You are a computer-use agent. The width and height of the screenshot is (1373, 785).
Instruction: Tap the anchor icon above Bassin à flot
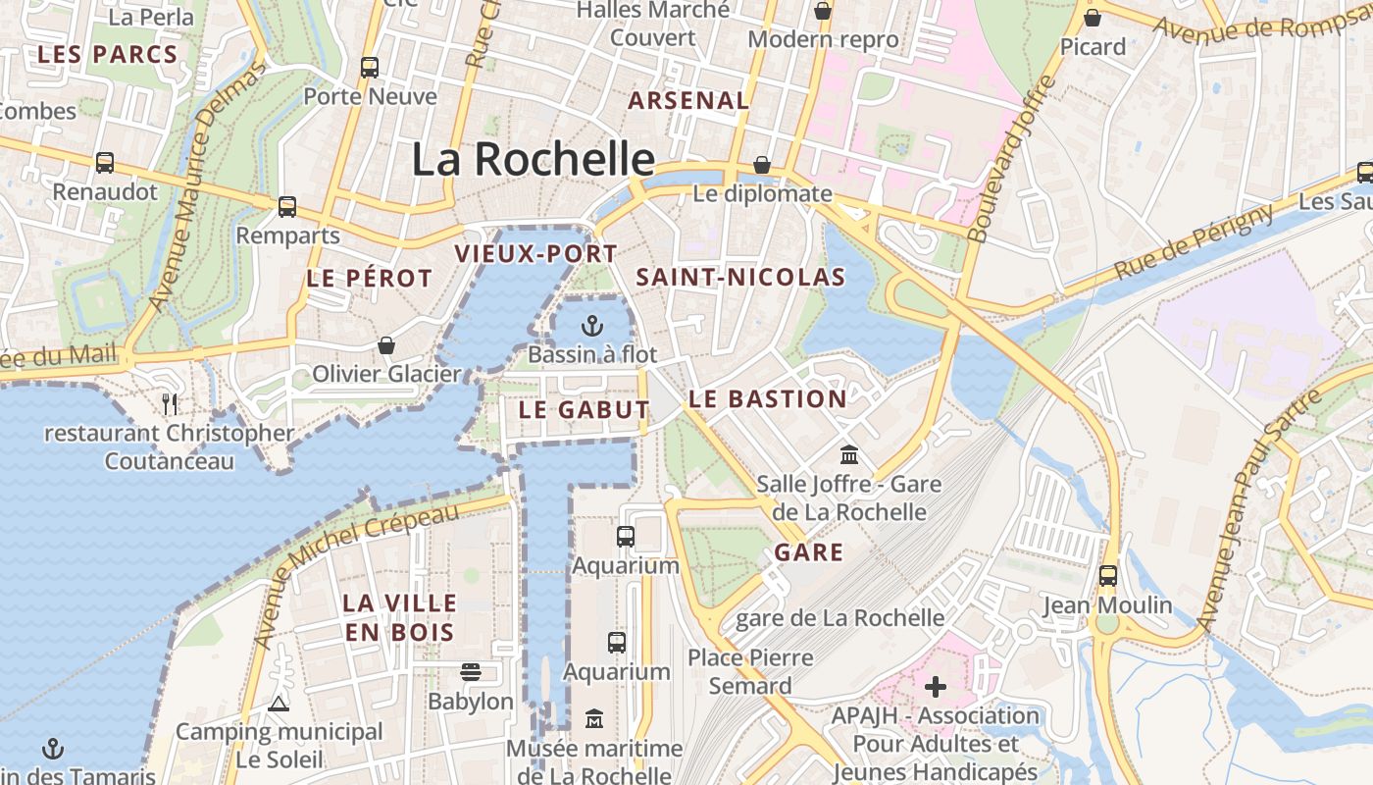[x=592, y=325]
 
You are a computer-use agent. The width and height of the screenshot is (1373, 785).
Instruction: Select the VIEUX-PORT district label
[x=535, y=254]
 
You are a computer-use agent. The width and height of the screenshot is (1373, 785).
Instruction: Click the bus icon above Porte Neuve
[x=370, y=67]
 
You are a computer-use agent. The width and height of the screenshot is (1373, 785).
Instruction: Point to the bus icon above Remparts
[x=287, y=206]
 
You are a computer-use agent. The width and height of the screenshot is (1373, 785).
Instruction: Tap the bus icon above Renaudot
[x=105, y=162]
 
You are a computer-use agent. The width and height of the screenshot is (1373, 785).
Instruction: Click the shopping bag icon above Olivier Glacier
[x=386, y=345]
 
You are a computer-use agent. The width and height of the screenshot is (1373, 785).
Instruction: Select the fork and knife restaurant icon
[x=170, y=403]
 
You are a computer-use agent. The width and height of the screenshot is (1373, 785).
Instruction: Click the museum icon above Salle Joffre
[x=849, y=455]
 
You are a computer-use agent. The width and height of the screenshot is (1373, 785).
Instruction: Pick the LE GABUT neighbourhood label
[x=584, y=410]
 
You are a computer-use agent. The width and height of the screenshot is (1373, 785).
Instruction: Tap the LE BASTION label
[x=767, y=399]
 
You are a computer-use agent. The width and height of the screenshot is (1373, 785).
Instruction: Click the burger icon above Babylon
[x=471, y=672]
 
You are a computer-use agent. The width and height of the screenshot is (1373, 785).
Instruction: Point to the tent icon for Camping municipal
[x=279, y=704]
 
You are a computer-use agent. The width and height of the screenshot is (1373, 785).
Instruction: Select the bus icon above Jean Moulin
[x=1108, y=575]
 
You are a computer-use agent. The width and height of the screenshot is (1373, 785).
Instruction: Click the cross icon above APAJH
[x=936, y=686]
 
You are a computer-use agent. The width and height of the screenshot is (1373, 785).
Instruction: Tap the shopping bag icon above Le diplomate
[x=762, y=164]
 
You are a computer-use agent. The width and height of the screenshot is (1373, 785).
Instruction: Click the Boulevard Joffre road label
[x=1012, y=159]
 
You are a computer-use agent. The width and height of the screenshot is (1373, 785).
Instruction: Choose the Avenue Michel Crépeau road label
[x=356, y=576]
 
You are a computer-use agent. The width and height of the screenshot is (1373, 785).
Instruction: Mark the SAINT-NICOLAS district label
[x=740, y=278]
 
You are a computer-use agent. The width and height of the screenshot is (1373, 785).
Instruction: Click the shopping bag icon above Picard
[x=1093, y=17]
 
